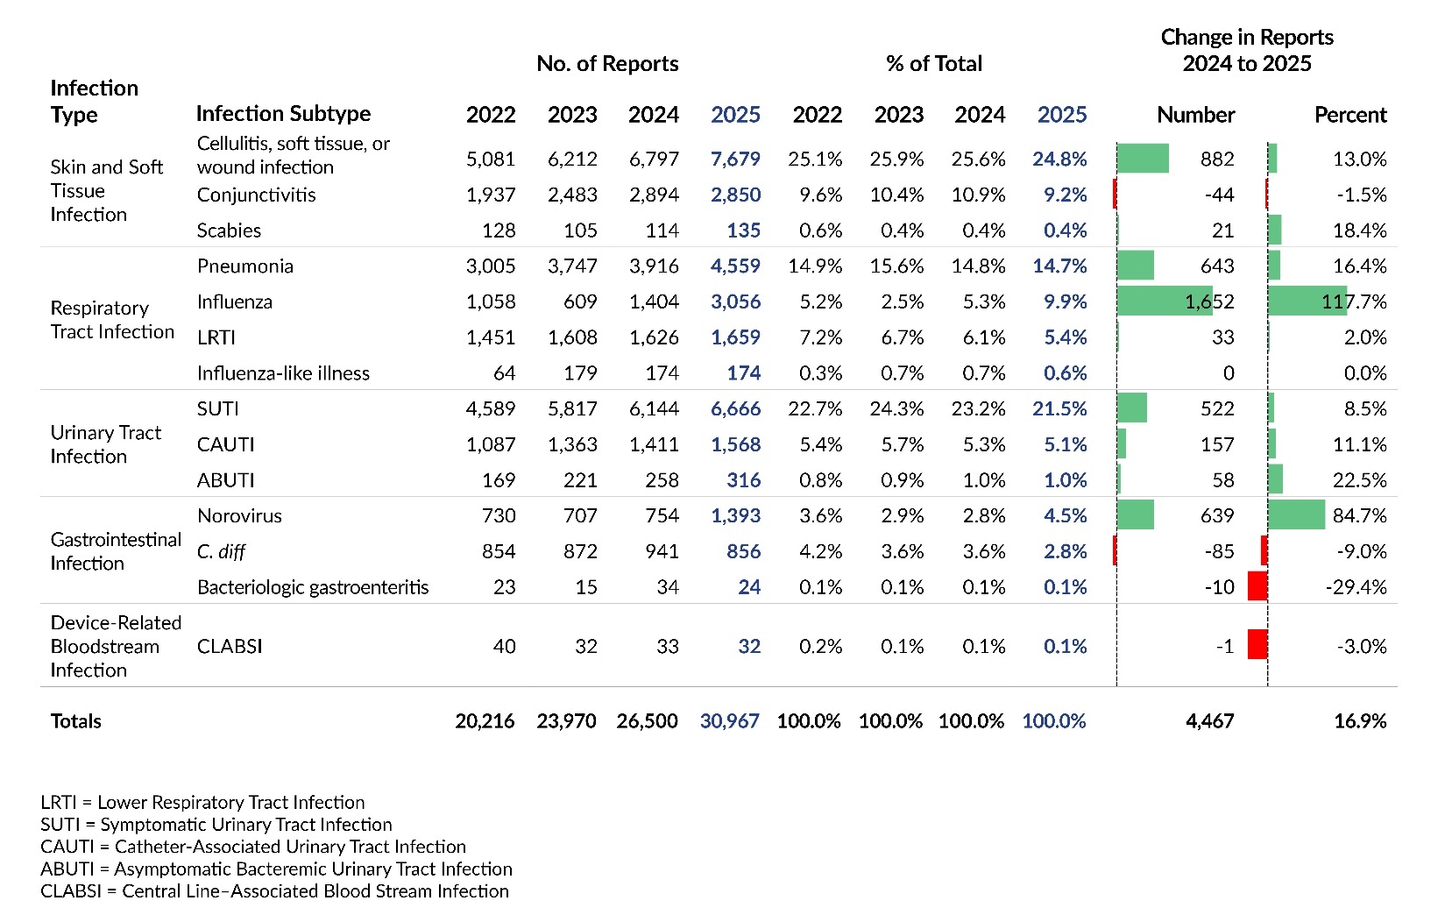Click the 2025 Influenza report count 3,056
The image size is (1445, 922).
(x=735, y=301)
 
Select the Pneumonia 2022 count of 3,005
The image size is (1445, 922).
(x=491, y=266)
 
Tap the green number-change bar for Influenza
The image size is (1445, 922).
(x=1164, y=301)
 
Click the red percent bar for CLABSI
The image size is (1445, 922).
(x=1257, y=645)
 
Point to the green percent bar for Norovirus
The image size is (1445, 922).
(x=1296, y=515)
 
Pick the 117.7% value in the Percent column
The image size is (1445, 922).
(x=1354, y=301)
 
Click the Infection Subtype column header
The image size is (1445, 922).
(x=283, y=114)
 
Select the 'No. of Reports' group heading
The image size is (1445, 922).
(x=607, y=64)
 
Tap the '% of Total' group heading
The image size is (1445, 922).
(x=934, y=64)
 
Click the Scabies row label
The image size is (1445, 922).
(x=229, y=230)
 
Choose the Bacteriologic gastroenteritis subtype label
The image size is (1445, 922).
(x=313, y=587)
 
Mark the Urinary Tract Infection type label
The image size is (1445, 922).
(x=106, y=444)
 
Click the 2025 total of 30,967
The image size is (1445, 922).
(x=729, y=721)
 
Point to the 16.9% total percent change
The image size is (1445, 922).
(x=1360, y=721)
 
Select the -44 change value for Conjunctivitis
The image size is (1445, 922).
(x=1219, y=195)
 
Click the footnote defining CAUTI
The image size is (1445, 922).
(x=253, y=847)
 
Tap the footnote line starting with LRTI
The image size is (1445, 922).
(x=202, y=802)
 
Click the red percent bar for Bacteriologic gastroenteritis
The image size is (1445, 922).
(x=1257, y=586)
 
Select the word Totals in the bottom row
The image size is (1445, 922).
(x=76, y=721)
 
